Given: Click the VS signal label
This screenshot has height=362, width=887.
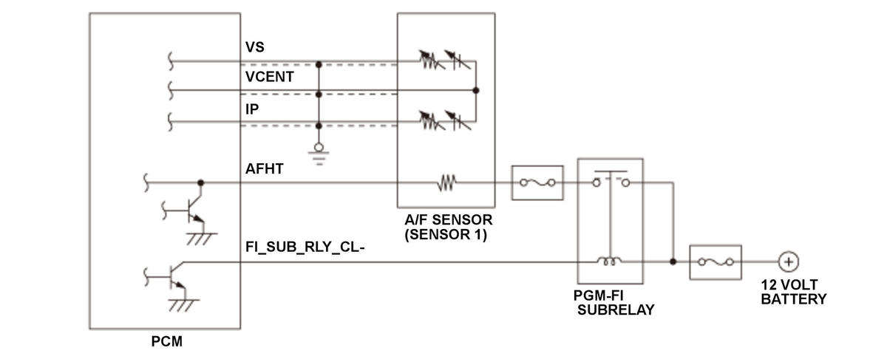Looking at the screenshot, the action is pyautogui.click(x=254, y=47).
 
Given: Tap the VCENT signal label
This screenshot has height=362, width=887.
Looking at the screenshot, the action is pyautogui.click(x=270, y=77).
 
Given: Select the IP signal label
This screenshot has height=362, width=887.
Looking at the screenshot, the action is pyautogui.click(x=252, y=109).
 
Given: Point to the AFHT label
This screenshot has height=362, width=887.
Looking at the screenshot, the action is pyautogui.click(x=264, y=169).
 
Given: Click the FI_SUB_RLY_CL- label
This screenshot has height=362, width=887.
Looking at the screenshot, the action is pyautogui.click(x=305, y=247).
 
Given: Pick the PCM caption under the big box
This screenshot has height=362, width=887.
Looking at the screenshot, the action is pyautogui.click(x=167, y=341).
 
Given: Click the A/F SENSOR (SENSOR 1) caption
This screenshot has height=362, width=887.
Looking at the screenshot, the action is pyautogui.click(x=448, y=227).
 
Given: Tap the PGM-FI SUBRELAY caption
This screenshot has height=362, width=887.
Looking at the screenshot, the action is pyautogui.click(x=614, y=303).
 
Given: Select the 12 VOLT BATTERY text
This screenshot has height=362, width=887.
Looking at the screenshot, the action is pyautogui.click(x=794, y=292).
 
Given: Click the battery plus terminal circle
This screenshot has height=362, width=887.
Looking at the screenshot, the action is pyautogui.click(x=789, y=262).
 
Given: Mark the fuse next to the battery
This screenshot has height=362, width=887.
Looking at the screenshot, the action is pyautogui.click(x=716, y=262).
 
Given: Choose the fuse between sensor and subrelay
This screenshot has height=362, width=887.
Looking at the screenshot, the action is pyautogui.click(x=537, y=182).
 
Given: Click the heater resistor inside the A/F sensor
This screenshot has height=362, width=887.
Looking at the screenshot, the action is pyautogui.click(x=446, y=182).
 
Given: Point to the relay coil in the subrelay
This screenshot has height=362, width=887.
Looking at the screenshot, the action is pyautogui.click(x=609, y=262).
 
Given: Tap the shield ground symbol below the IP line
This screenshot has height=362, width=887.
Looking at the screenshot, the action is pyautogui.click(x=319, y=154).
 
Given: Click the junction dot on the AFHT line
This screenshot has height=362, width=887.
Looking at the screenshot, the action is pyautogui.click(x=201, y=182).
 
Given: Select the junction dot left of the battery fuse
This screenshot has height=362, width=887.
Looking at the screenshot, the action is pyautogui.click(x=673, y=262).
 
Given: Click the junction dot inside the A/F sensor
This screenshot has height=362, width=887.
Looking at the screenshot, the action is pyautogui.click(x=476, y=91).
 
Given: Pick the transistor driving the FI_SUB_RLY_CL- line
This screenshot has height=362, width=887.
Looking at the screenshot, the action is pyautogui.click(x=174, y=277).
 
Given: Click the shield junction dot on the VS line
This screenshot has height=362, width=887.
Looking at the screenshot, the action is pyautogui.click(x=319, y=64).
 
